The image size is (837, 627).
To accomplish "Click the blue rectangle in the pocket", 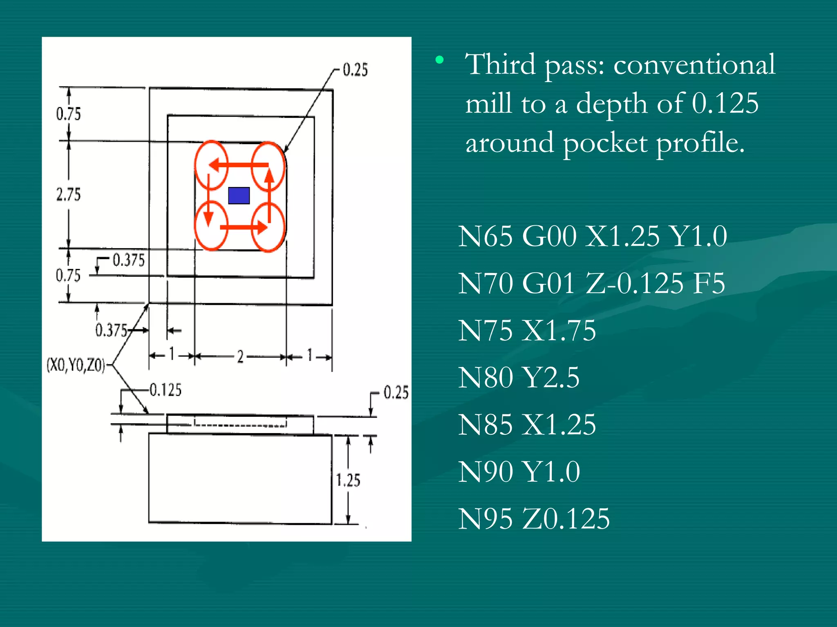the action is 239,196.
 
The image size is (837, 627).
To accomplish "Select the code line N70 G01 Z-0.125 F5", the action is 591,283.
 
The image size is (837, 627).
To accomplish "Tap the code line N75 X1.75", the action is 526,330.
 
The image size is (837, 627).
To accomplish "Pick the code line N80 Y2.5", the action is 518,378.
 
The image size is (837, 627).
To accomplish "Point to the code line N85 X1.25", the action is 526,425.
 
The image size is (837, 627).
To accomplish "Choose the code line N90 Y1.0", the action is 519,472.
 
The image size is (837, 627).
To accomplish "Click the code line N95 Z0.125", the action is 533,519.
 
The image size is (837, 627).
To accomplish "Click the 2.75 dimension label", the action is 69,194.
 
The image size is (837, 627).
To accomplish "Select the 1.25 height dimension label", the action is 348,480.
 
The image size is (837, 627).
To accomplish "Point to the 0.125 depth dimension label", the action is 165,390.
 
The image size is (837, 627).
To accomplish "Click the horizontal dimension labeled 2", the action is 240,357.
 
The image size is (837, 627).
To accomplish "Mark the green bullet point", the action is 440,60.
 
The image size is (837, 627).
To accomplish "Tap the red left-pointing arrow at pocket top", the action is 239,165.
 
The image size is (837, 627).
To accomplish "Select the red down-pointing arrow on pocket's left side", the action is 209,200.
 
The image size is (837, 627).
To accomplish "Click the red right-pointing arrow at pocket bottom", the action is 244,227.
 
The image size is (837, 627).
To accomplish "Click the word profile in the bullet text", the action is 700,144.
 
